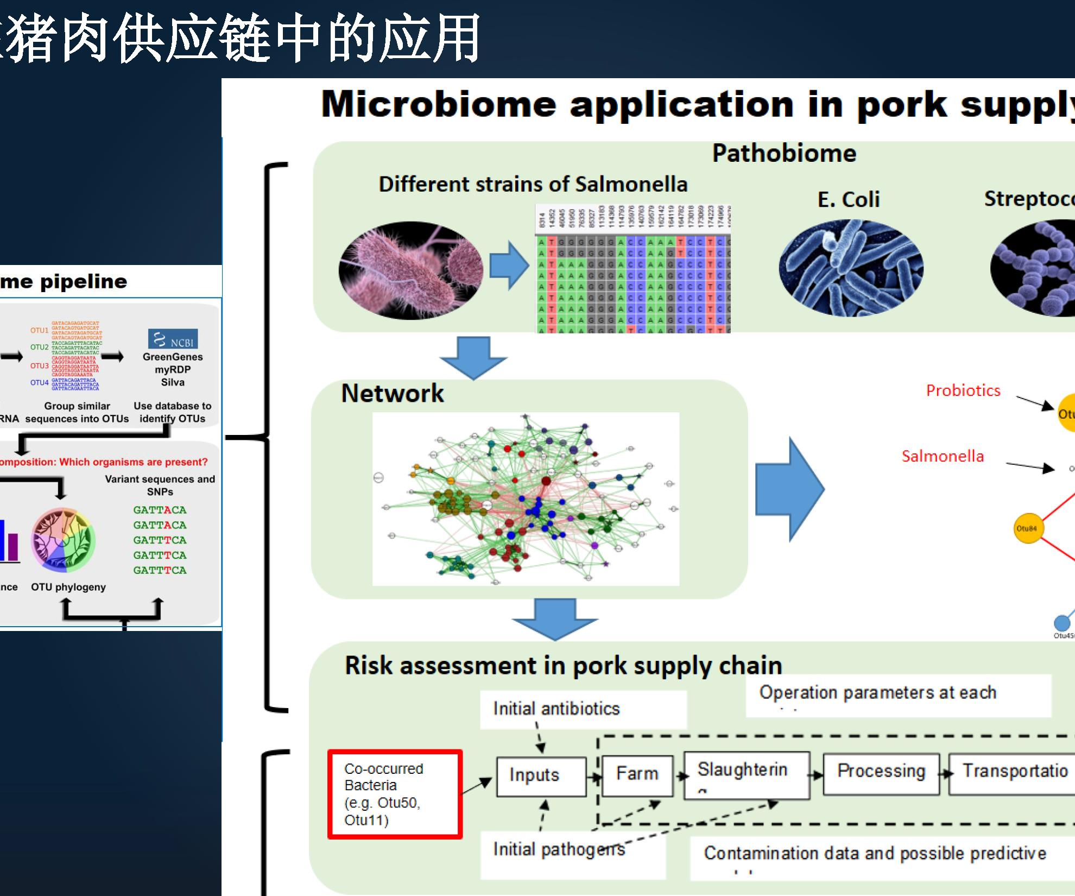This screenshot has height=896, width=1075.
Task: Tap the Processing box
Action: pos(881,773)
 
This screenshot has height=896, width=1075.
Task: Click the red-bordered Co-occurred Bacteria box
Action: pos(395,794)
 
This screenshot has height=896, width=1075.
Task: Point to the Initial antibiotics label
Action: pos(557,709)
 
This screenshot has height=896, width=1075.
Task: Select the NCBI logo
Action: pos(173,339)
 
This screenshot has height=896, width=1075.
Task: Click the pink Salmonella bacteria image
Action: pos(411,269)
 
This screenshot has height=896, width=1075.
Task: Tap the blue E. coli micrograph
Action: pos(851,268)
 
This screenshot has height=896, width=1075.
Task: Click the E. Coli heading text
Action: pos(849,200)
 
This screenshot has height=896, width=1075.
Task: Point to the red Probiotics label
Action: pos(963,391)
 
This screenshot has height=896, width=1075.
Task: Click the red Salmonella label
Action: pos(943,457)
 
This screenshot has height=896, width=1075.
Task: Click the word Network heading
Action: pos(392,394)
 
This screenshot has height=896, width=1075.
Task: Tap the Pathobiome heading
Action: pos(784,154)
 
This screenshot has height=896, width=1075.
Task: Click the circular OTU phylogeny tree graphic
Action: pos(63,540)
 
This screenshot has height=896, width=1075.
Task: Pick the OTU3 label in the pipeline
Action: pos(39,366)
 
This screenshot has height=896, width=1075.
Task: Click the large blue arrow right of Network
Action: pos(789,489)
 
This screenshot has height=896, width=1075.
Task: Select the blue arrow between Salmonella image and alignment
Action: pos(509,266)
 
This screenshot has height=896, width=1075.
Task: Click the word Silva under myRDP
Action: pos(173,382)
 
